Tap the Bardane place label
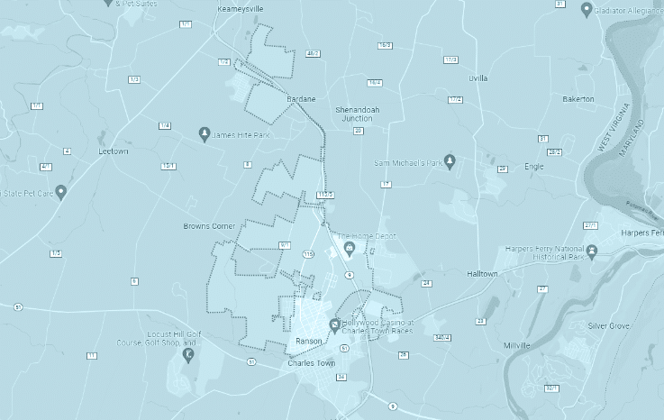click(301, 98)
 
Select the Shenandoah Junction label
click(353, 112)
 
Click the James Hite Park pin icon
click(205, 134)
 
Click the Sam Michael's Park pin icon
click(450, 161)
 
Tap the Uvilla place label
click(478, 78)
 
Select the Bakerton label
click(578, 98)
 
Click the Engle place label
click(533, 166)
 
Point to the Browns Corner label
click(209, 225)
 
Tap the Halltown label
click(482, 272)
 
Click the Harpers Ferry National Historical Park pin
click(591, 250)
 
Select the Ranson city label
click(309, 342)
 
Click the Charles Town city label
click(310, 363)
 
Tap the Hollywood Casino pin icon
click(334, 324)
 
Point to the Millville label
click(517, 345)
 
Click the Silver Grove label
click(607, 325)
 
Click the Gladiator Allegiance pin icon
click(587, 10)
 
